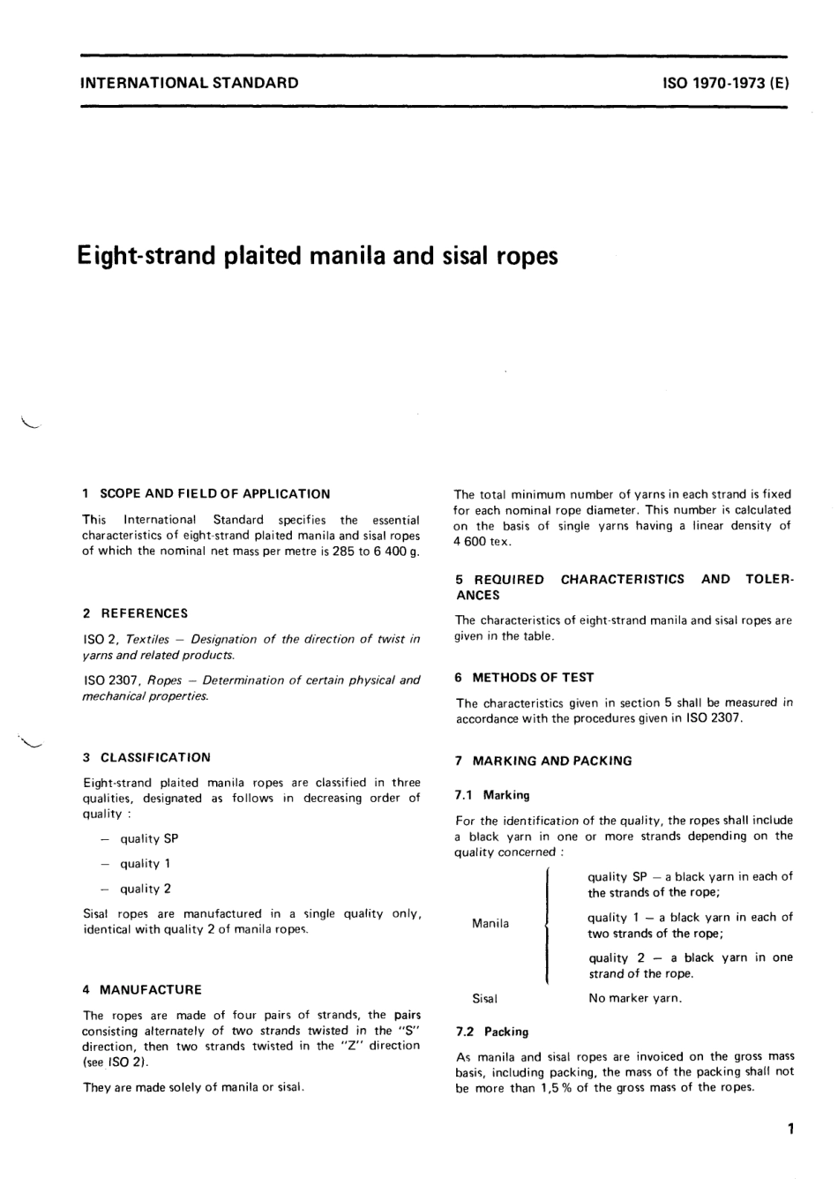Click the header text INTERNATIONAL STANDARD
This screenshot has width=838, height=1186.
(189, 84)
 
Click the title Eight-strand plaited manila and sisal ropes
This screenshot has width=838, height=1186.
(318, 256)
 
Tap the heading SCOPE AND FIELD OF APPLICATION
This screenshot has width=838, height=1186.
(215, 494)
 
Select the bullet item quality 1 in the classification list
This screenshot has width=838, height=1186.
(145, 864)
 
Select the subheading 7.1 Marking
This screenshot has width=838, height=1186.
(493, 795)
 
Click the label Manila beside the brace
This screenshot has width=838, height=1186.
(490, 923)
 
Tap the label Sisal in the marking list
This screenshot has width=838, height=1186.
(485, 999)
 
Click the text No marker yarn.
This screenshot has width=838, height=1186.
(635, 999)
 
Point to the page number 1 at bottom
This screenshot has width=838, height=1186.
(790, 1128)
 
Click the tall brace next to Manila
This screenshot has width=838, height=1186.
(548, 925)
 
